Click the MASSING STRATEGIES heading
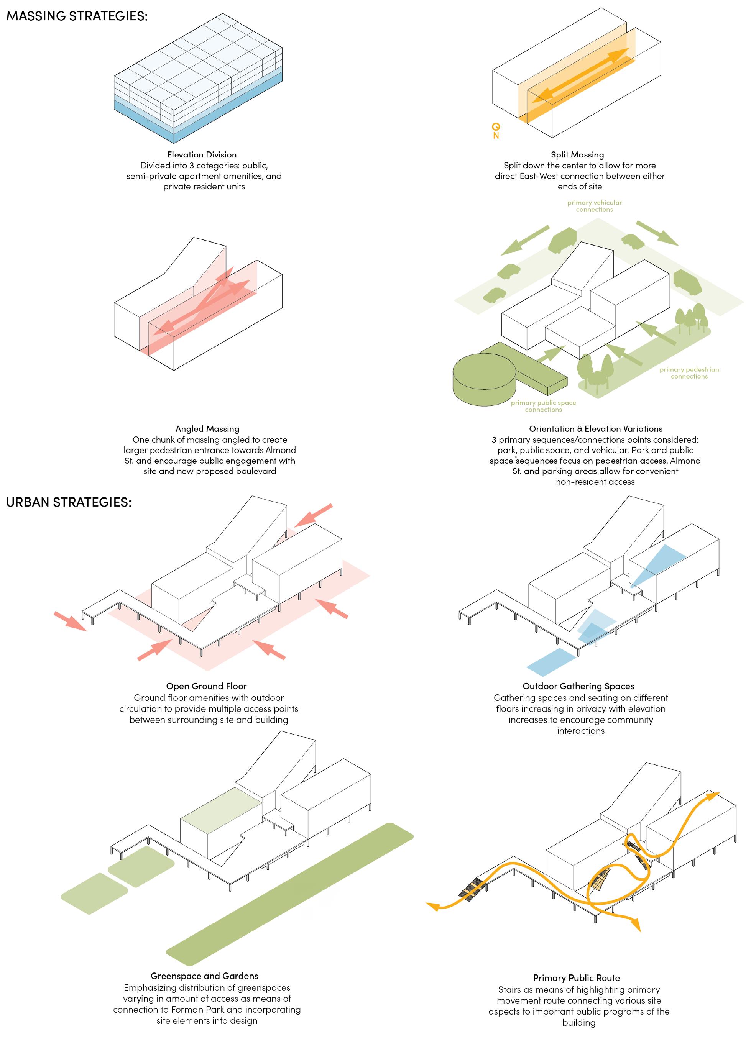pos(77,16)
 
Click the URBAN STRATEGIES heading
pos(69,502)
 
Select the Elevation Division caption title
pos(202,155)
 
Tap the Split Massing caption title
pos(577,155)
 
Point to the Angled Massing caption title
pos(207,429)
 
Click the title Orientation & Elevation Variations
pos(595,429)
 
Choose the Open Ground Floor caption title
pos(206,686)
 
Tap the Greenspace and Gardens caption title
pos(204,976)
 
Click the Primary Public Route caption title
pos(576,977)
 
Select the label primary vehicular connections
pos(594,205)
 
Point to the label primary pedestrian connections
pos(689,372)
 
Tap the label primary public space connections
pos(543,406)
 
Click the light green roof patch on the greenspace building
pos(222,804)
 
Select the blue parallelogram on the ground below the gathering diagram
pos(551,662)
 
